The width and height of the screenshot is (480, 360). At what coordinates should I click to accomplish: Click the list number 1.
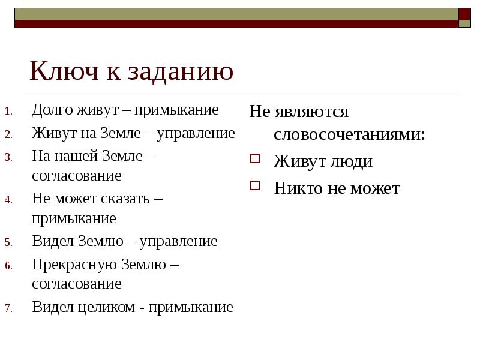point(8,112)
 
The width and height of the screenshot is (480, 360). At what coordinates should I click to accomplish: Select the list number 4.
point(8,200)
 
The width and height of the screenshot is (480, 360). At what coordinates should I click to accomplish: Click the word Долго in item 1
point(52,110)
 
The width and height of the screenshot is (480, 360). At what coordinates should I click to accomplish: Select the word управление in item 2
point(196,133)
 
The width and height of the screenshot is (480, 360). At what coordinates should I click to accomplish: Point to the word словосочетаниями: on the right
point(349,135)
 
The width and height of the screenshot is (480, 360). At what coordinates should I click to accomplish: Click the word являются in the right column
point(311,112)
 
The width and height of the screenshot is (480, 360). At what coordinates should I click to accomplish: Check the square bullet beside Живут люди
point(255,159)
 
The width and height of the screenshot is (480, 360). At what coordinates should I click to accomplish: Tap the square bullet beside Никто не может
point(255,185)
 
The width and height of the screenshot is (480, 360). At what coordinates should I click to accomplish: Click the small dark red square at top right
point(464,14)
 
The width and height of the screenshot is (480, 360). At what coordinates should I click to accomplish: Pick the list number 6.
point(8,266)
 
